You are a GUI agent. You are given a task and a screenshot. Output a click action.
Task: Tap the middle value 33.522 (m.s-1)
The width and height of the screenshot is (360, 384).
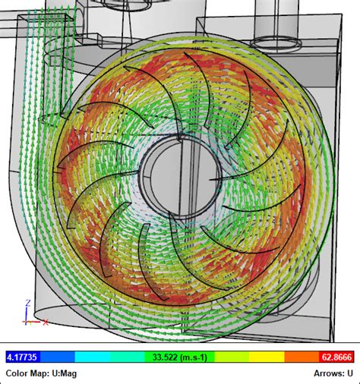point(180,357)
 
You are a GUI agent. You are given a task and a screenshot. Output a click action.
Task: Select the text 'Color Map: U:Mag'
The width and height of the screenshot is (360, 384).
point(40,373)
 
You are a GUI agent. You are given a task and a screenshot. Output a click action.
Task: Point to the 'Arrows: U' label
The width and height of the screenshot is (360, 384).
point(333,373)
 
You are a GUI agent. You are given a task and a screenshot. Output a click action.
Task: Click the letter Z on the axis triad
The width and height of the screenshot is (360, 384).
point(27,301)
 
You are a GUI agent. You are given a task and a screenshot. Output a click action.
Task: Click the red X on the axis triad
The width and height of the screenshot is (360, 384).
point(46,323)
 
